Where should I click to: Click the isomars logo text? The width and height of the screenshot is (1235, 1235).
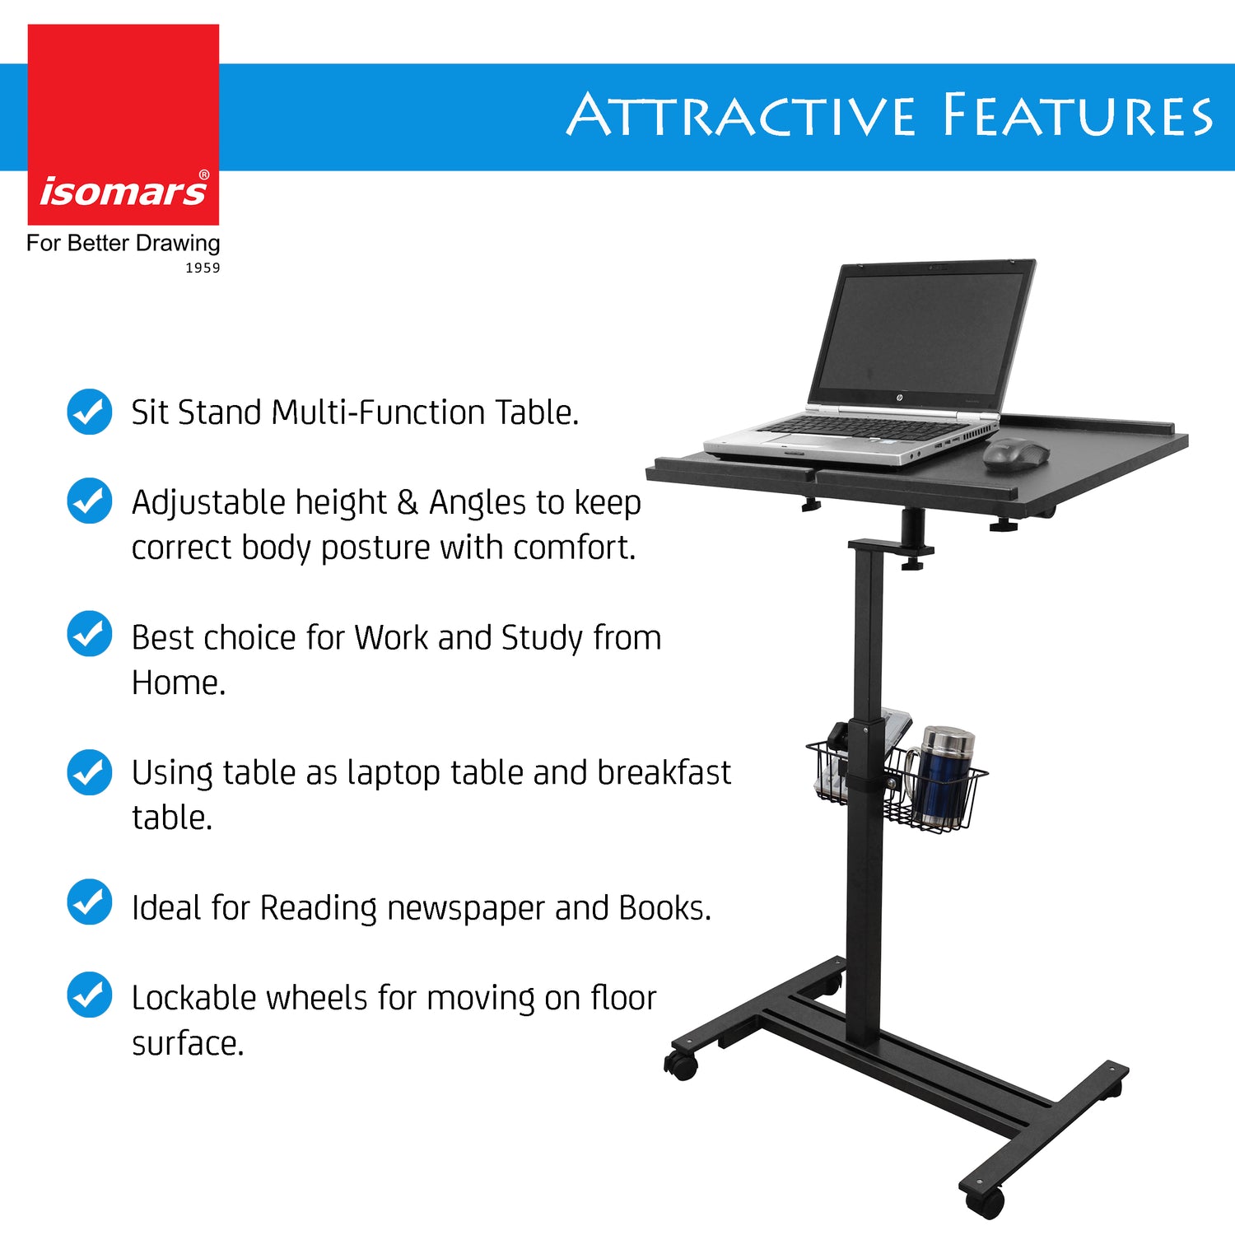point(123,192)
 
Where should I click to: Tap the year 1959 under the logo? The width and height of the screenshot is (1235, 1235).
point(203,268)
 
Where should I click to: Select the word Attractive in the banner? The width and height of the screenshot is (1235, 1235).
point(740,115)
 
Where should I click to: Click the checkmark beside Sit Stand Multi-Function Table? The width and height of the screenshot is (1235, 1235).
point(89,412)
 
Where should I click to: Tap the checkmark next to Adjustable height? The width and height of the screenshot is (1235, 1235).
point(89,501)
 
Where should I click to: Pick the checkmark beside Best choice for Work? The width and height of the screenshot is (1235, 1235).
point(89,633)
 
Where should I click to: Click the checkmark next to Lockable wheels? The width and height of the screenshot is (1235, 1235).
point(89,995)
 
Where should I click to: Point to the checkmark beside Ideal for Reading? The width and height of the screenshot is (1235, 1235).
point(89,902)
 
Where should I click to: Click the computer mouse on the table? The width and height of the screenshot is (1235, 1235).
point(1016,454)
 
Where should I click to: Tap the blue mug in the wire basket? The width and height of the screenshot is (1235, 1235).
point(943,778)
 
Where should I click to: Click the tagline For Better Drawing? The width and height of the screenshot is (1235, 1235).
point(123,243)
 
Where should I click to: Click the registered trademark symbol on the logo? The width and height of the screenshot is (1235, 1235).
point(204,175)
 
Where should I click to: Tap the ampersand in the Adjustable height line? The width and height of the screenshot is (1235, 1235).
point(408,502)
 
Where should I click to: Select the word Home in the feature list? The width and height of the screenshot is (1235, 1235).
point(177,683)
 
